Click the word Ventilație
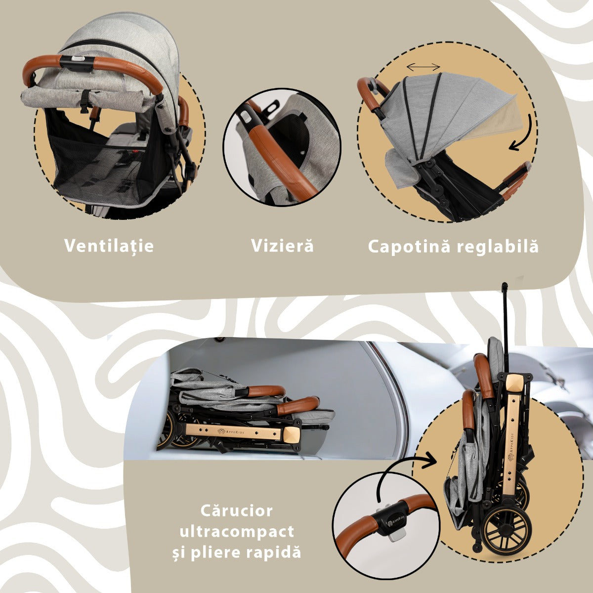pos(109,246)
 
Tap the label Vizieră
pos(283,246)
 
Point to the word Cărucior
pos(236,510)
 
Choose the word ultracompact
pos(237,532)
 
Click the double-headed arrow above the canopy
pos(423,67)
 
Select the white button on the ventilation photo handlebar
pos(77,58)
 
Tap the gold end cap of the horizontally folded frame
pos(291,435)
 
